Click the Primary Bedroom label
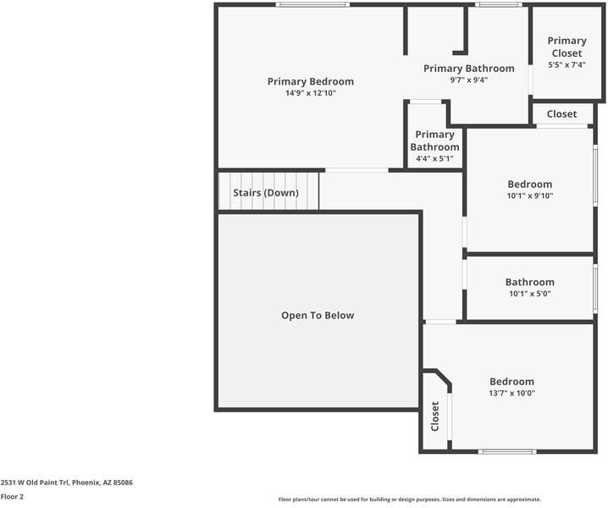[310, 81]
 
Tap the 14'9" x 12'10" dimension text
[310, 93]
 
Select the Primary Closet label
[567, 47]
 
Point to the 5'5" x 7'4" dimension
[567, 64]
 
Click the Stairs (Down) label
[266, 193]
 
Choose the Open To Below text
[318, 316]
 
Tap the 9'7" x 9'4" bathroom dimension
[468, 80]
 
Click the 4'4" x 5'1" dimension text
[434, 158]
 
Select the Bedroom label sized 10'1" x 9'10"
[529, 185]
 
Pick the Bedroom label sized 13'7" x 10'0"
[511, 382]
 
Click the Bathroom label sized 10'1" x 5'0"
[529, 283]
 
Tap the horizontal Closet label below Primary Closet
[561, 114]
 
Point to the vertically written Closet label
[434, 417]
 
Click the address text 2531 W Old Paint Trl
[66, 483]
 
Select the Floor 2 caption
[12, 497]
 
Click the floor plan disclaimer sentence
[409, 500]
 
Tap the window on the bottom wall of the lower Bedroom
[508, 451]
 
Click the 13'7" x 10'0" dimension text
[511, 393]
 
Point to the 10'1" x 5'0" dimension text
[529, 294]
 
